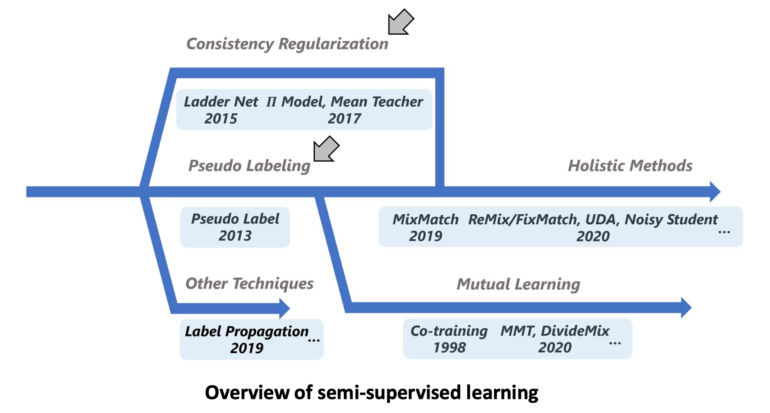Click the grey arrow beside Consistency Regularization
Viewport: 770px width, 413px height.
pyautogui.click(x=400, y=23)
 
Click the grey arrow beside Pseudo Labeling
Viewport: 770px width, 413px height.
pyautogui.click(x=326, y=149)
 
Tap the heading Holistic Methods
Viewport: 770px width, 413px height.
pyautogui.click(x=630, y=166)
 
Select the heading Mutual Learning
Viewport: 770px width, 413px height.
pyautogui.click(x=518, y=284)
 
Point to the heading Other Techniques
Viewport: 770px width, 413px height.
pyautogui.click(x=249, y=284)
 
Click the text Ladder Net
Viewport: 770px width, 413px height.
pyautogui.click(x=220, y=102)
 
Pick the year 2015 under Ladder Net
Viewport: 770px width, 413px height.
pyautogui.click(x=220, y=119)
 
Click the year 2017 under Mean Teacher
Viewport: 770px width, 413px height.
pyautogui.click(x=344, y=119)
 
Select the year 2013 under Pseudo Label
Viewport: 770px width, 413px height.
pyautogui.click(x=235, y=236)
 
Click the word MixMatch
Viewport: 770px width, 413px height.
pyautogui.click(x=425, y=219)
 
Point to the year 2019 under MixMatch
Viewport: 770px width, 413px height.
pyautogui.click(x=425, y=236)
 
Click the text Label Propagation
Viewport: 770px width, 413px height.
pyautogui.click(x=246, y=332)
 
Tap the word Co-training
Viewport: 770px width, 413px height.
pyautogui.click(x=449, y=331)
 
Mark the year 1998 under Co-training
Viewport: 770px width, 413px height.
pyautogui.click(x=449, y=348)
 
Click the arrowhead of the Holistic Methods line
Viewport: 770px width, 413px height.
pyautogui.click(x=715, y=191)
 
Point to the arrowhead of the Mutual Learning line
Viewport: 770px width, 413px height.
pyautogui.click(x=686, y=308)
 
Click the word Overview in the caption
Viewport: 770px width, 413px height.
pyautogui.click(x=247, y=393)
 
